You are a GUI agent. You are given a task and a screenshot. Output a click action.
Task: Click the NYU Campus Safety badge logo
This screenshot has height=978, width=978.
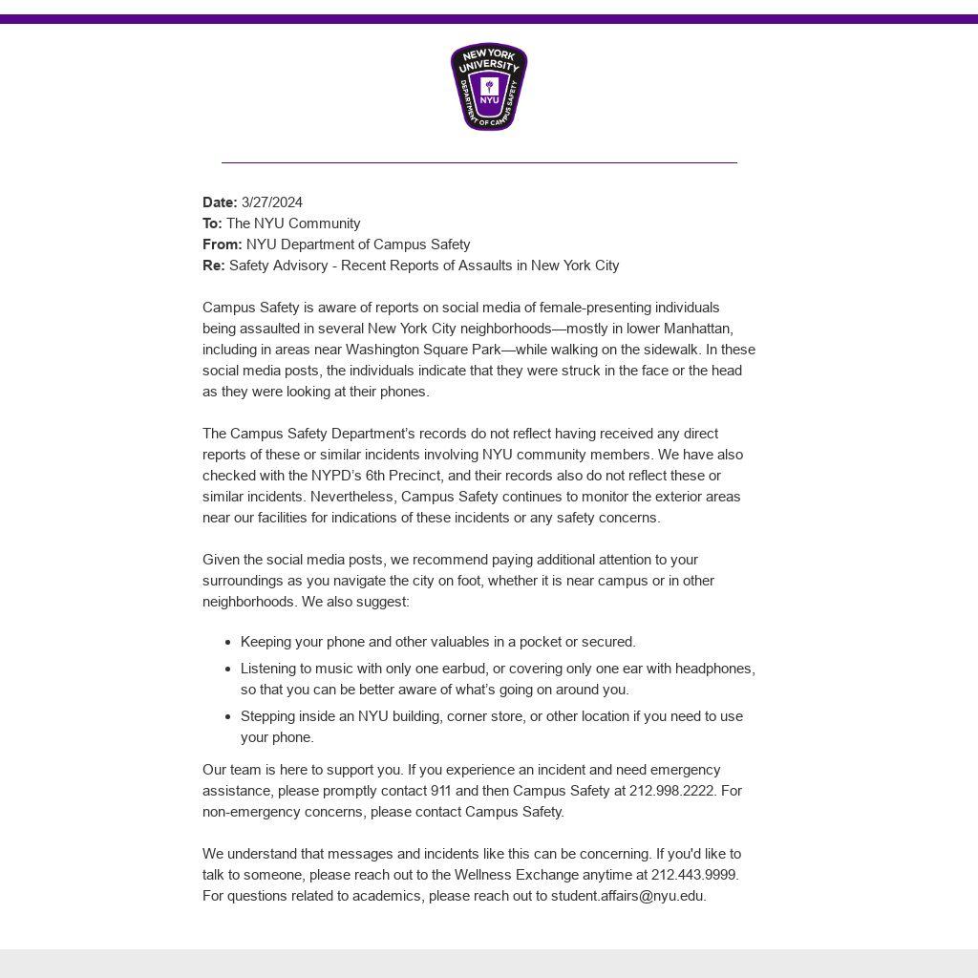[x=489, y=87]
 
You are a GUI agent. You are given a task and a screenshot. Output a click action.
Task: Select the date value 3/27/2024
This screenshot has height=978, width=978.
[x=272, y=202]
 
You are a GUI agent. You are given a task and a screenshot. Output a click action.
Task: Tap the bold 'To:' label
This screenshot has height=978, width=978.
[x=212, y=223]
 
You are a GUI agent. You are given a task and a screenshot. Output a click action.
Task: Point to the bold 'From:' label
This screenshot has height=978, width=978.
[x=222, y=244]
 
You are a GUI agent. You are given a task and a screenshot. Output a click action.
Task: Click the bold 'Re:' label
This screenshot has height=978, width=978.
[x=213, y=266]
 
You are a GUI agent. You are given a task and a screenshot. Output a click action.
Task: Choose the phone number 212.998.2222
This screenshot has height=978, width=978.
[x=672, y=791]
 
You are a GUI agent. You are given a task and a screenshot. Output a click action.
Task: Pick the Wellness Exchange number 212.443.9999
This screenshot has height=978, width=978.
[x=694, y=875]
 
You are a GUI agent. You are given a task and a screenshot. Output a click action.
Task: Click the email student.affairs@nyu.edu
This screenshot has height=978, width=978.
[x=627, y=896]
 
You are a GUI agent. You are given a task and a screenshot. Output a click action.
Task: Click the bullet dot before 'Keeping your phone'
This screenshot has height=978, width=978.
[x=227, y=643]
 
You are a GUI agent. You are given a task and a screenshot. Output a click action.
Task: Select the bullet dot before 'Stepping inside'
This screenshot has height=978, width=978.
[x=227, y=717]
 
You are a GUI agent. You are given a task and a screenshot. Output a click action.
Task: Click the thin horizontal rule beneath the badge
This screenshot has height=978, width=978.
[x=479, y=162]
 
